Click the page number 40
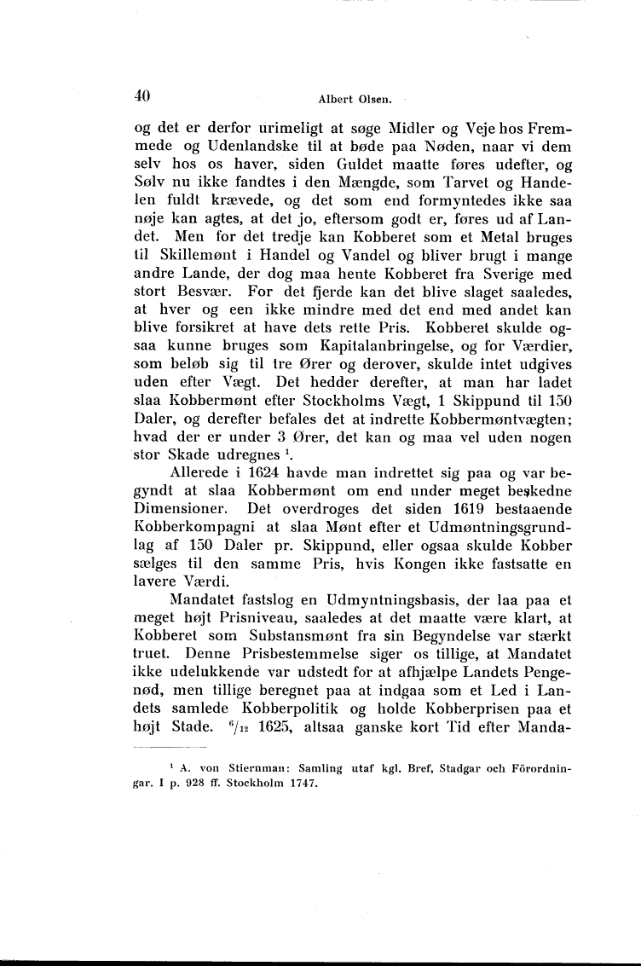[x=142, y=96]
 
